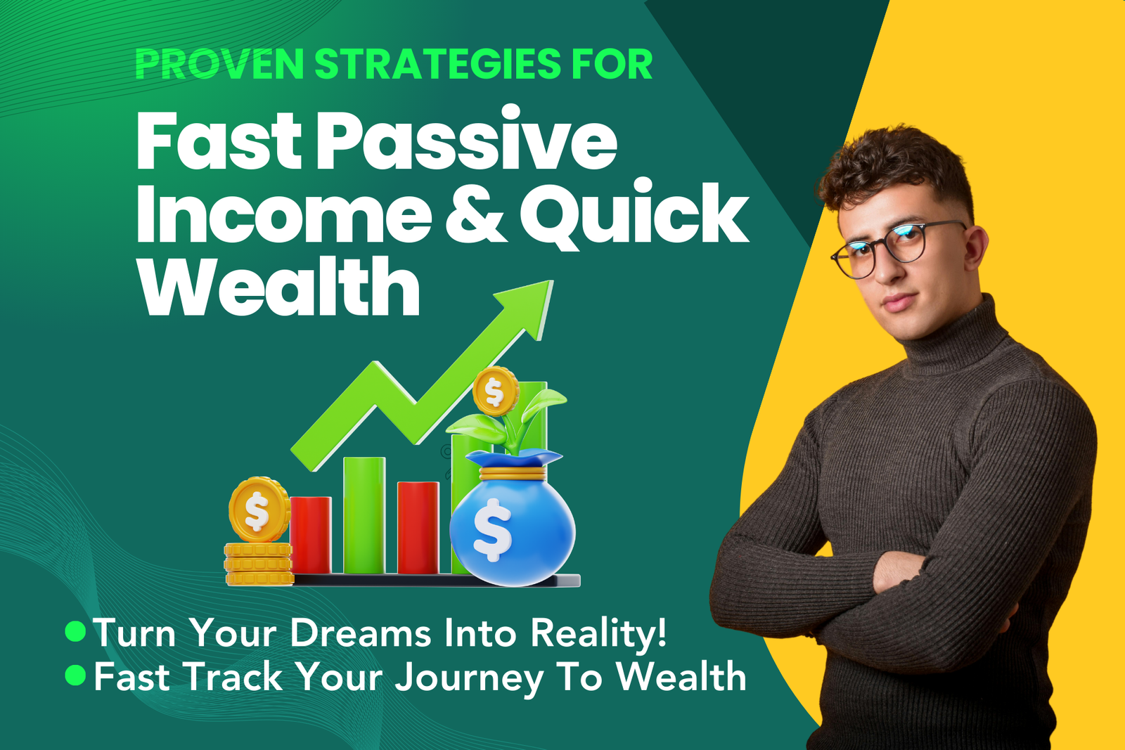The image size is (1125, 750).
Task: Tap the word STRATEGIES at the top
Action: [437, 64]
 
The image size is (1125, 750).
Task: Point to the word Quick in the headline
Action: [634, 214]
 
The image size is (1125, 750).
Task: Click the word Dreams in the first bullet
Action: [360, 633]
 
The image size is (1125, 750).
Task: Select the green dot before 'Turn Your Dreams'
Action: [76, 631]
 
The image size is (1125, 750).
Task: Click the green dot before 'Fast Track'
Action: [76, 675]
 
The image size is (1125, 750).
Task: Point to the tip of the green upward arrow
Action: [553, 281]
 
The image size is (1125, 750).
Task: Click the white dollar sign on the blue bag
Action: [492, 529]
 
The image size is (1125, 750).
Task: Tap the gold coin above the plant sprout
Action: [495, 391]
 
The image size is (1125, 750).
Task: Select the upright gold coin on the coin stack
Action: [259, 510]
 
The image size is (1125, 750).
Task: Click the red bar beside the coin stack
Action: [311, 534]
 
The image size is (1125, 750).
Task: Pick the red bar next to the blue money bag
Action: [418, 527]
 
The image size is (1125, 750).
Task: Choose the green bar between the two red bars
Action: [364, 515]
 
